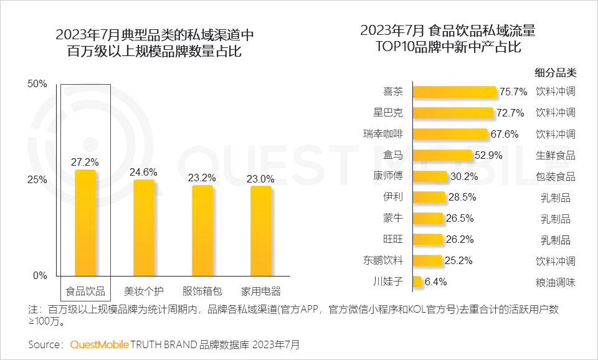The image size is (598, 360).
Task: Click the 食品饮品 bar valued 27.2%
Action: [x=85, y=222]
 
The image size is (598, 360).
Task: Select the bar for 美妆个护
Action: [x=144, y=227]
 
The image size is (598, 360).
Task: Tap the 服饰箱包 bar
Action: [x=202, y=230]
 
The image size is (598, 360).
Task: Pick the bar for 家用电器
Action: [x=261, y=230]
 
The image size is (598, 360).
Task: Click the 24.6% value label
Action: [x=143, y=172]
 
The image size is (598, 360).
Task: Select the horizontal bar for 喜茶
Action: [x=455, y=92]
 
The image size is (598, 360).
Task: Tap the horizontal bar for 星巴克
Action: [x=452, y=113]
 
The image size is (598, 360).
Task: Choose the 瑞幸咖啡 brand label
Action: [x=383, y=134]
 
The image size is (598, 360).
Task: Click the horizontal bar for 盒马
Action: [x=443, y=155]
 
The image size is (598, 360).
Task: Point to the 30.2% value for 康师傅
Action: [x=464, y=176]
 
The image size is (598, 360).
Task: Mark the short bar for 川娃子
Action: [x=418, y=282]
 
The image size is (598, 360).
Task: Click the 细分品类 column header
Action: [x=556, y=72]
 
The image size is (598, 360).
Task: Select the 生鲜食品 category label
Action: [x=556, y=155]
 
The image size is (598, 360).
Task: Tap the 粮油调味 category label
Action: [x=556, y=282]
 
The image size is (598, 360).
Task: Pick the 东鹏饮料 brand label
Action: [x=383, y=260]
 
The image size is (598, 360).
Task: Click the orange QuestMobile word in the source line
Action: [x=100, y=344]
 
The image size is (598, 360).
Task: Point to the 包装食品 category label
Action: [x=556, y=176]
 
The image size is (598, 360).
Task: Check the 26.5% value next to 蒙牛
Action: [x=460, y=219]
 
